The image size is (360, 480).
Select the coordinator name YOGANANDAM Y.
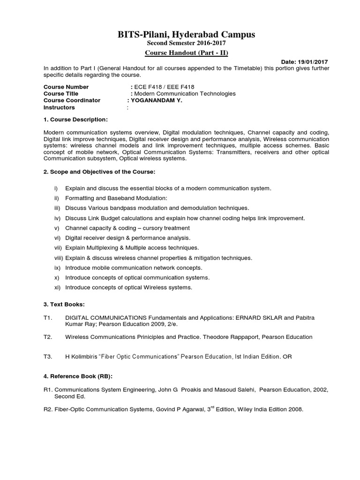pos(158,100)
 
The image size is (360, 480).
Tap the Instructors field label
pos(59,107)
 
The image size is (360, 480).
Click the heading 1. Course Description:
pos(75,120)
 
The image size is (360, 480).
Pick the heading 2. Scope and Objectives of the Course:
pos(96,172)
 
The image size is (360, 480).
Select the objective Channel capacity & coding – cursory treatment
pos(127,228)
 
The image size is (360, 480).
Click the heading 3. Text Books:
pos(64,305)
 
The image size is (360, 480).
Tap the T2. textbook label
pos(48,337)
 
